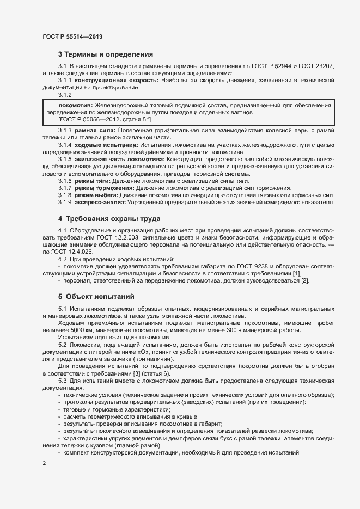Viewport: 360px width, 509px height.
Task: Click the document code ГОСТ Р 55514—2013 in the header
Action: (x=72, y=36)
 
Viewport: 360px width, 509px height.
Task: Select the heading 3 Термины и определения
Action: (x=105, y=54)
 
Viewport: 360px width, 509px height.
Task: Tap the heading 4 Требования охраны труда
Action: (x=109, y=218)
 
